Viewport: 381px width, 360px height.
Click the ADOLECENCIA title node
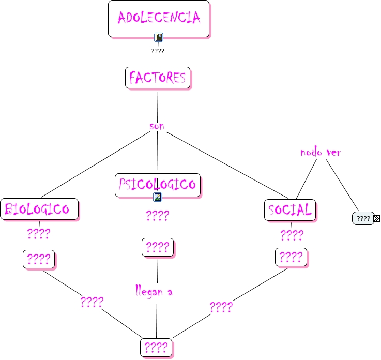pyautogui.click(x=158, y=18)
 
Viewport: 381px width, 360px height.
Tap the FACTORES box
pyautogui.click(x=157, y=78)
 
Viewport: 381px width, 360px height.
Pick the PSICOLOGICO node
pyautogui.click(x=157, y=185)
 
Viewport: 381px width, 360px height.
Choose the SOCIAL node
pyautogui.click(x=290, y=210)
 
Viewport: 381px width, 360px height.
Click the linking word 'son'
pyautogui.click(x=157, y=126)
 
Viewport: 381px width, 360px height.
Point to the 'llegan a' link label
pyautogui.click(x=154, y=292)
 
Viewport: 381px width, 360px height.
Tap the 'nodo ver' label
pyautogui.click(x=320, y=153)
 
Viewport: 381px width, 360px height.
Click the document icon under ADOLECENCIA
pyautogui.click(x=159, y=37)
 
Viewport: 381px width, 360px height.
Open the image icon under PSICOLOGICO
pyautogui.click(x=158, y=197)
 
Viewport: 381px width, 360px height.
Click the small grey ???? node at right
pyautogui.click(x=363, y=218)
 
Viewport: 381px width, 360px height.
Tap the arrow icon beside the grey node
pyautogui.click(x=376, y=218)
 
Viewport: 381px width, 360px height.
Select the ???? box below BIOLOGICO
pyautogui.click(x=38, y=259)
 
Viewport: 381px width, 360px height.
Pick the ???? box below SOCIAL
pyautogui.click(x=291, y=257)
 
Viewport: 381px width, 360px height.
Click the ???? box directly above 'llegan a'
pyautogui.click(x=157, y=247)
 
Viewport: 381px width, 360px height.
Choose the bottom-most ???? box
pyautogui.click(x=156, y=347)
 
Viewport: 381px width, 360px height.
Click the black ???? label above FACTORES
pyautogui.click(x=158, y=51)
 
